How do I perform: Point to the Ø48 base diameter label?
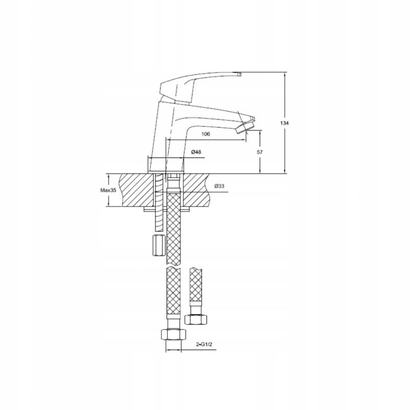point(195,152)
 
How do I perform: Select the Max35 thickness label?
point(109,190)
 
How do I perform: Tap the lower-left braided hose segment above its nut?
point(173,297)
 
